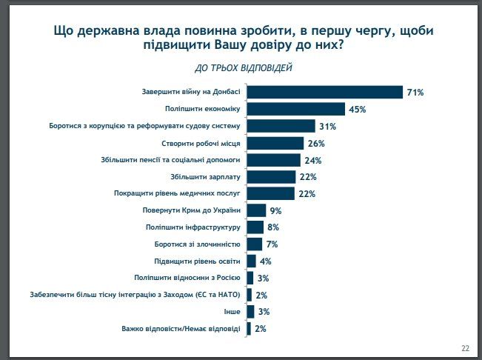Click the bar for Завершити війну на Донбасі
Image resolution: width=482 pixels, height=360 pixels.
point(324,92)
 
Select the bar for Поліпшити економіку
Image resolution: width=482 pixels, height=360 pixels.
point(295,109)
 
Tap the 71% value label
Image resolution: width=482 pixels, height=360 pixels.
point(415,93)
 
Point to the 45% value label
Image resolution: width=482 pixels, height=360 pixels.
point(358,110)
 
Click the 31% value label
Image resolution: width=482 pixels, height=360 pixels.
point(327,126)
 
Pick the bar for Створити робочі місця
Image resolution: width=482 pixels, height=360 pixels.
point(275,143)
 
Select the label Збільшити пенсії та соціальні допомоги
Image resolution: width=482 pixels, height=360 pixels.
point(170,160)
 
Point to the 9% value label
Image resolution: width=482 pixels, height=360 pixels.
point(275,210)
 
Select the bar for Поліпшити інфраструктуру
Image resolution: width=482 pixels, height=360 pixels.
point(255,227)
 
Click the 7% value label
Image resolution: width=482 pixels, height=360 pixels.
point(272,244)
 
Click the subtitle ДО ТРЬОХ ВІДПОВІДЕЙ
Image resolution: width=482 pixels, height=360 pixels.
point(244,68)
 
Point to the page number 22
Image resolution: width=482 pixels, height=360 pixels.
point(465,348)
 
